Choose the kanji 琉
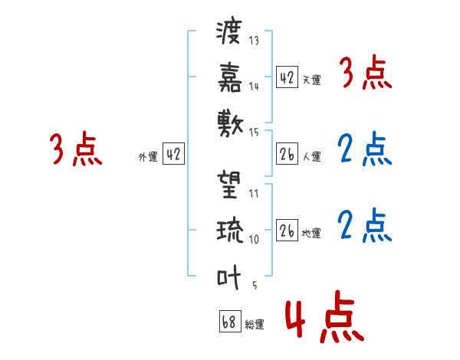(x=229, y=230)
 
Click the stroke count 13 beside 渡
(x=254, y=41)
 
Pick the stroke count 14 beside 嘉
(x=254, y=87)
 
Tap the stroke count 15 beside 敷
(x=254, y=132)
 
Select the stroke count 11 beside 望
(x=253, y=194)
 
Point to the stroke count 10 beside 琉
(x=254, y=239)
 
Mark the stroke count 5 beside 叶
(x=255, y=285)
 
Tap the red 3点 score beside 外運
(x=76, y=150)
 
